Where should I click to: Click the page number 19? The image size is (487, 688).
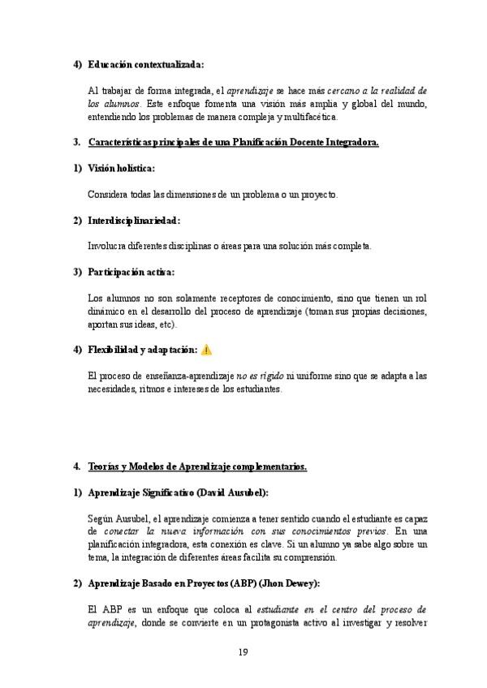[243, 652]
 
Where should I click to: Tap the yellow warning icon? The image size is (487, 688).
[207, 350]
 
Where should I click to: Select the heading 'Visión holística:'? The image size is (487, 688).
[121, 168]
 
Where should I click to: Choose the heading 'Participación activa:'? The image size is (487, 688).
[131, 272]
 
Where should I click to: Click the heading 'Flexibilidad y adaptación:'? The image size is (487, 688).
[142, 350]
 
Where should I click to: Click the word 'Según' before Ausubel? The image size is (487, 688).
[100, 518]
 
